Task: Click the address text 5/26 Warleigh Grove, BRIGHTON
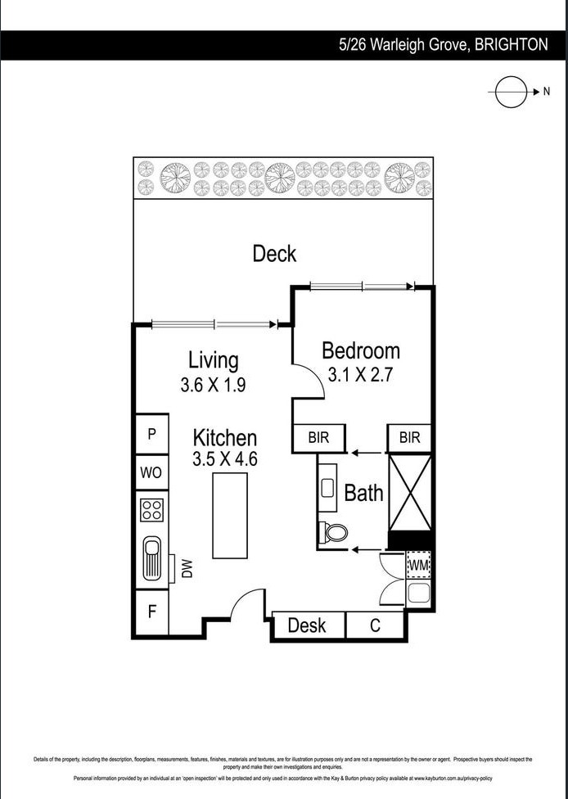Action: coord(443,45)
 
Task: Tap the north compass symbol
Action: coord(511,92)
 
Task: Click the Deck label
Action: coord(274,254)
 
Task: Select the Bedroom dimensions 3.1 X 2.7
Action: coord(360,375)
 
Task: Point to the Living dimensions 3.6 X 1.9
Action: coord(213,385)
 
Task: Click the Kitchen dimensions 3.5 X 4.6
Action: coord(225,458)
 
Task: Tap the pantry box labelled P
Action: coord(151,435)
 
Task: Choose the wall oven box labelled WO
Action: coord(151,472)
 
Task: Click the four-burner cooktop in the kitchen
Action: coord(152,510)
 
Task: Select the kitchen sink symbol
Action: coord(152,557)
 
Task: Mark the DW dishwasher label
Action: coord(187,568)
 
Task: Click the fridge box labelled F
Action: coord(151,611)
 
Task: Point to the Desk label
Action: coord(307,626)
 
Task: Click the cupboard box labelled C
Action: coord(376,626)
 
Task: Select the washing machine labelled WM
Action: coord(418,565)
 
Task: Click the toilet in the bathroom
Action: coord(335,533)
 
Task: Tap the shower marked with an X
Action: coord(409,491)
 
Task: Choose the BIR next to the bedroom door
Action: coord(318,438)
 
